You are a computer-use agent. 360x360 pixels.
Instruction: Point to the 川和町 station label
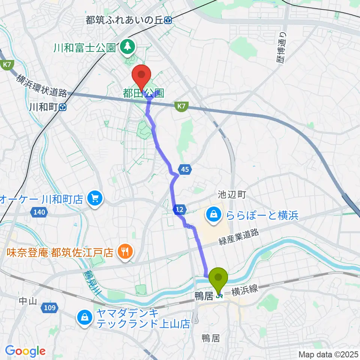point(43,107)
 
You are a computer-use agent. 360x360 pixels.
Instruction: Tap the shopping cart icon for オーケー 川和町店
point(94,198)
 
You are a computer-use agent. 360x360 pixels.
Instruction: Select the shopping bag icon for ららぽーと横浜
point(213,215)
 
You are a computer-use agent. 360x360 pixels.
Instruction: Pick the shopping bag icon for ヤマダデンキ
point(85,318)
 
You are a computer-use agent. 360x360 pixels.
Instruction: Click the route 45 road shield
point(184,170)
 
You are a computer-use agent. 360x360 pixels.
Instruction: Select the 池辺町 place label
point(231,194)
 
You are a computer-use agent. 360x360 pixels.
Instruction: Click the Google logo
point(25,351)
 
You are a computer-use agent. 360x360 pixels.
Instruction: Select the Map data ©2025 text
point(329,354)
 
